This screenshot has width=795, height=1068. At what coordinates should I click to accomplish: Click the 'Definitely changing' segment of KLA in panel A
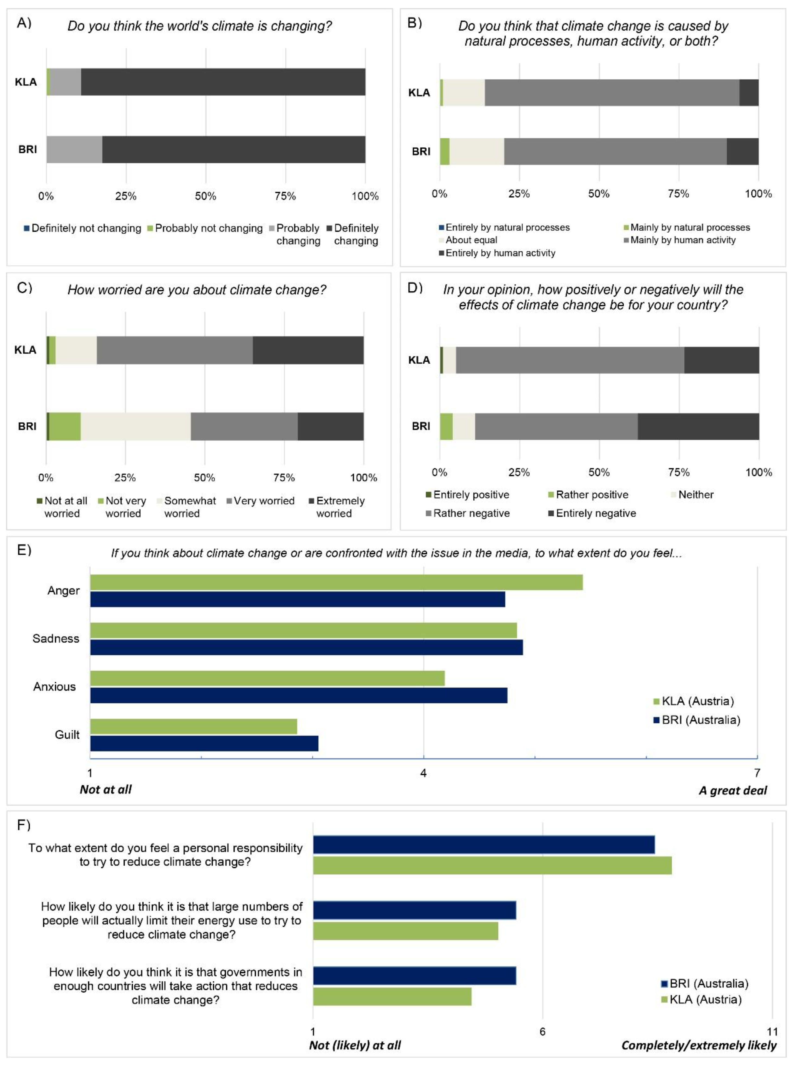(x=223, y=82)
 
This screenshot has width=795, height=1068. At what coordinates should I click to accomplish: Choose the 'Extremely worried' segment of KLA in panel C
(x=308, y=350)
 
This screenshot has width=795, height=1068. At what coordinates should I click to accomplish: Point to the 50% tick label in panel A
(x=205, y=196)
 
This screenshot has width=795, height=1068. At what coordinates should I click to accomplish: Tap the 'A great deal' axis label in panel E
(x=732, y=790)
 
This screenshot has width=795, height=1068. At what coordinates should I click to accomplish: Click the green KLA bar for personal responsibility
(x=492, y=865)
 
